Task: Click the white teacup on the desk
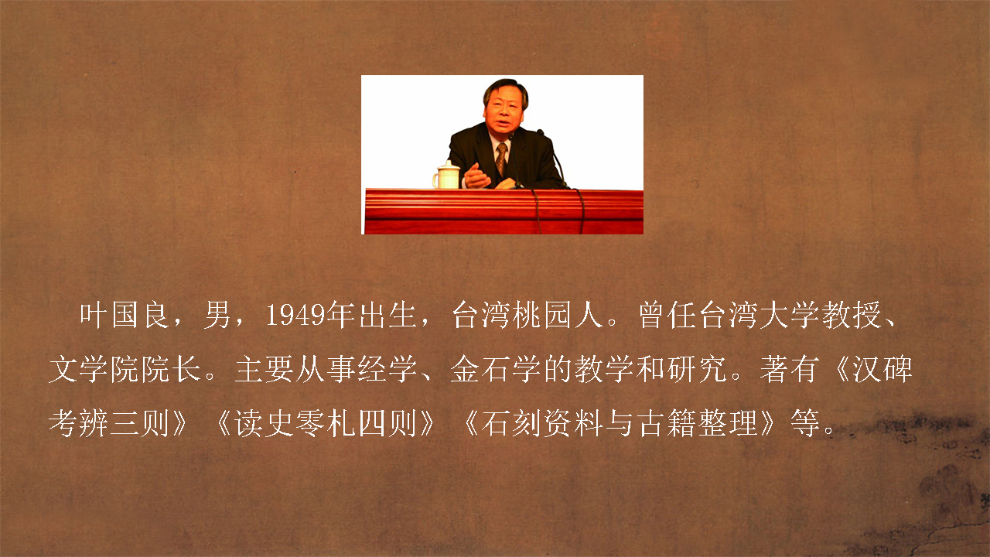pos(446,175)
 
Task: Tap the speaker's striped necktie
pos(502,159)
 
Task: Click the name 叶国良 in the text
pos(124,315)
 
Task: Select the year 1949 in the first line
pos(295,315)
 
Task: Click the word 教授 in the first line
pos(852,315)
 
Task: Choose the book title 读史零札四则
pos(325,423)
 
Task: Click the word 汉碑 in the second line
pos(882,369)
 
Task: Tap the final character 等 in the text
pos(805,423)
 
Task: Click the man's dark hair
pos(505,88)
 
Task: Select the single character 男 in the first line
pos(217,315)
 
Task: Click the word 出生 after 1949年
pos(387,315)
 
